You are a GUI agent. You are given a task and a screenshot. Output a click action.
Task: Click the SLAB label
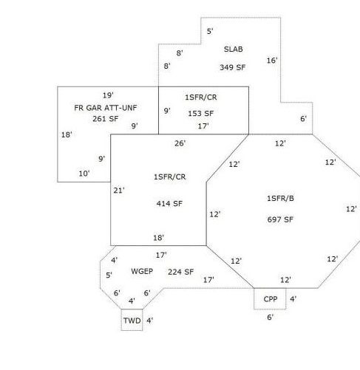234,49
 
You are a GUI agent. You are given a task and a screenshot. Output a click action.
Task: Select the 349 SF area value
233,67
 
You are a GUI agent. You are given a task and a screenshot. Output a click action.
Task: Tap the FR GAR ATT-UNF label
106,108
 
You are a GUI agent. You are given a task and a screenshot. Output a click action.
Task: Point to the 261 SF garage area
106,119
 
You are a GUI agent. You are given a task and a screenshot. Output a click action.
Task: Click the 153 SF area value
201,114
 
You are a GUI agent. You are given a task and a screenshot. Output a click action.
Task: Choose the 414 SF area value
169,204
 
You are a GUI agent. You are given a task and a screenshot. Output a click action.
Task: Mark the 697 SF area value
280,219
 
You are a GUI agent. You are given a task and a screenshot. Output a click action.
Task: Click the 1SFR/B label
280,198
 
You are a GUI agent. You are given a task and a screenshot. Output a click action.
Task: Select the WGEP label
142,271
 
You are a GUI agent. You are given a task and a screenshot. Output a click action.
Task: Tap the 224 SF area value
180,272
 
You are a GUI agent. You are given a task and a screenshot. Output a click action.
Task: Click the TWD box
132,320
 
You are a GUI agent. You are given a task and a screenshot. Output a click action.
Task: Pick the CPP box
270,298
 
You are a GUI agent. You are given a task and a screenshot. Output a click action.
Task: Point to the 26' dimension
180,143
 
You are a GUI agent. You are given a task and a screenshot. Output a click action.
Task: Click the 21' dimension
119,191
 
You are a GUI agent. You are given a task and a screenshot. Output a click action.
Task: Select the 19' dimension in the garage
108,95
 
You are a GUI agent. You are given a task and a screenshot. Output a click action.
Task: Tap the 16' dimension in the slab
272,61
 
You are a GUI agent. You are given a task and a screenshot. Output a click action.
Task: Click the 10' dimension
84,174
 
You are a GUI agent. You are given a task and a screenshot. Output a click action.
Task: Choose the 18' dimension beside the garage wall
67,134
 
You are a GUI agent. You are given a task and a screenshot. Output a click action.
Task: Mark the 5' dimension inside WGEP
109,275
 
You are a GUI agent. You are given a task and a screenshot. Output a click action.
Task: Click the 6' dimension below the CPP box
271,318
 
